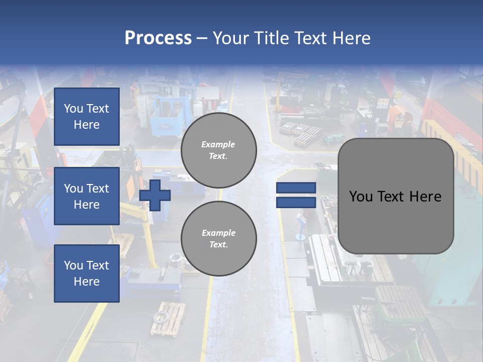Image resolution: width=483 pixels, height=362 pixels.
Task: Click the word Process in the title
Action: (x=158, y=38)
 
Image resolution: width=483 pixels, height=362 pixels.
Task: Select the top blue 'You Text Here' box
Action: (x=87, y=117)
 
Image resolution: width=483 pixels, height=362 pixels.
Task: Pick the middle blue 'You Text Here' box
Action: (x=87, y=196)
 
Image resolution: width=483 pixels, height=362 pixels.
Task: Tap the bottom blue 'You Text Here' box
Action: (x=87, y=274)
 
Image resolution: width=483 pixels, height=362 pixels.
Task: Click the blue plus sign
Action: (x=155, y=195)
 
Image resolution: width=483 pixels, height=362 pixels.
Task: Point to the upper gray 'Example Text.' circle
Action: (x=218, y=150)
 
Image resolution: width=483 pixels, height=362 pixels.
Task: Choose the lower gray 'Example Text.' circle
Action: (x=218, y=239)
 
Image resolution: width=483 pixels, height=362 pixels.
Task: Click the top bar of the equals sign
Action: (x=296, y=188)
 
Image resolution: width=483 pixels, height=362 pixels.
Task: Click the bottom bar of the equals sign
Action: (x=296, y=202)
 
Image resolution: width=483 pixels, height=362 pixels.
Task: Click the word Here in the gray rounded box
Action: (x=425, y=197)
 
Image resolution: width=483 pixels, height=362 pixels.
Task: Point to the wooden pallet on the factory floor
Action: (x=168, y=319)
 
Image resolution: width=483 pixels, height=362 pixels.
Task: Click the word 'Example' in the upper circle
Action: (x=218, y=144)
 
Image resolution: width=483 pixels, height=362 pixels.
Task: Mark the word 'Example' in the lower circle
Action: (x=218, y=233)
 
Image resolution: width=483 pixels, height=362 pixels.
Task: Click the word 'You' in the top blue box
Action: (x=73, y=109)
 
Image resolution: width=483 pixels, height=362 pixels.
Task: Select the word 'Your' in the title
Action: (x=231, y=38)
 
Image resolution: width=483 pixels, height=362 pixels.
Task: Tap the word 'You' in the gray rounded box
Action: (x=360, y=197)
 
